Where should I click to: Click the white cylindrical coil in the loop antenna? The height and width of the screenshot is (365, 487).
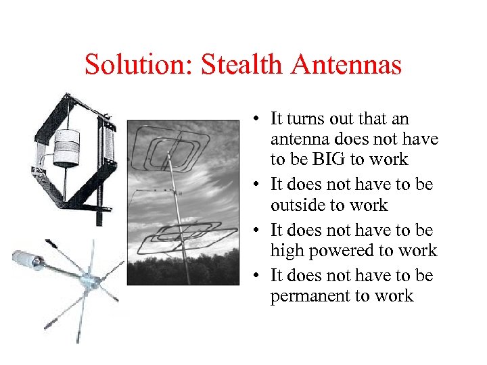[66, 149]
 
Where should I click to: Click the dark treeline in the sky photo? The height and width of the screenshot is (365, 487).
[183, 270]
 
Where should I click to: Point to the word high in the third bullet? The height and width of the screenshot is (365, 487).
[287, 251]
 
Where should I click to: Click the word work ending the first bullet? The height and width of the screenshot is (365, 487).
[394, 159]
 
